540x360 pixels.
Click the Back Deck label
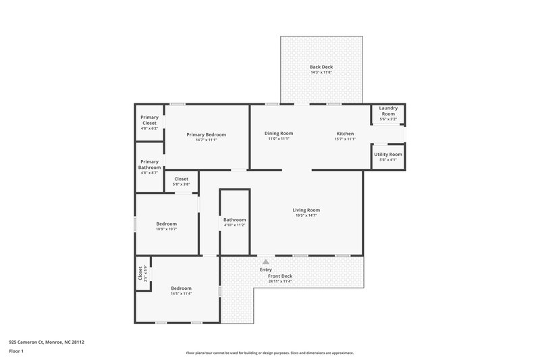(x=321, y=67)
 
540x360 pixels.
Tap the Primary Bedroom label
(x=206, y=134)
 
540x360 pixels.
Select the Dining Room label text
(x=278, y=133)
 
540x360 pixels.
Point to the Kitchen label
(x=345, y=133)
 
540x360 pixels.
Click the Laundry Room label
(x=387, y=111)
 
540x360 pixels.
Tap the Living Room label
(x=306, y=210)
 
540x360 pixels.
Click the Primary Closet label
(x=149, y=120)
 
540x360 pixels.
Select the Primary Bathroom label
(x=149, y=165)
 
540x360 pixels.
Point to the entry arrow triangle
(x=266, y=261)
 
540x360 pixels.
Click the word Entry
(x=266, y=269)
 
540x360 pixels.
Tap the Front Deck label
(x=279, y=276)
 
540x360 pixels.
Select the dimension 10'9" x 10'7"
(x=166, y=229)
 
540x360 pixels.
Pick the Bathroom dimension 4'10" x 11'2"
(x=235, y=225)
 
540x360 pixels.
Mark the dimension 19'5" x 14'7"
(x=306, y=215)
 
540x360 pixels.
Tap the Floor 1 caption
(x=17, y=351)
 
